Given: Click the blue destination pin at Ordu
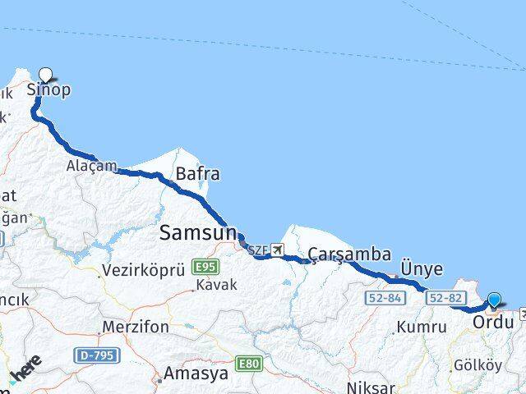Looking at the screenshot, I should tap(494, 301).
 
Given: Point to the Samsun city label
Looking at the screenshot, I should tap(199, 232).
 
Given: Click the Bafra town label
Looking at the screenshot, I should tap(197, 174).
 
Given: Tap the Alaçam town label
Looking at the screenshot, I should tap(92, 167).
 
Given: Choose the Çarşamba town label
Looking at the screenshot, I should tap(349, 254).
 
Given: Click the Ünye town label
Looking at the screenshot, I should tap(422, 269).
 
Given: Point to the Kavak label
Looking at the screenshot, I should tap(216, 285).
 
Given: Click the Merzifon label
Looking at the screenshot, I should tap(136, 327).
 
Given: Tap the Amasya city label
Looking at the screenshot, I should tap(196, 373).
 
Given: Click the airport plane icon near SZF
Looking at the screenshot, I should tap(278, 250).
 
